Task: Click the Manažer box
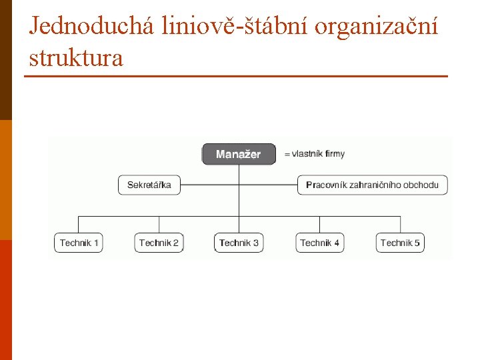point(238,154)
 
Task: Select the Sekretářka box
point(149,185)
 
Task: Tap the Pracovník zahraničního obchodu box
point(372,185)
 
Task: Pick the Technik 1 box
point(79,243)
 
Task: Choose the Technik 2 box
point(159,243)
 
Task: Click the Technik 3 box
point(239,243)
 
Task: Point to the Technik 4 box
point(320,243)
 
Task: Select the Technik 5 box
point(400,243)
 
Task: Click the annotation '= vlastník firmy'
point(315,154)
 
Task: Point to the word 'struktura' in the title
point(76,58)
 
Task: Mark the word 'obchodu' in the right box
point(423,185)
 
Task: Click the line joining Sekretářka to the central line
point(209,185)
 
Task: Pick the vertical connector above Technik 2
point(159,224)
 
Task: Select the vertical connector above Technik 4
point(320,224)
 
